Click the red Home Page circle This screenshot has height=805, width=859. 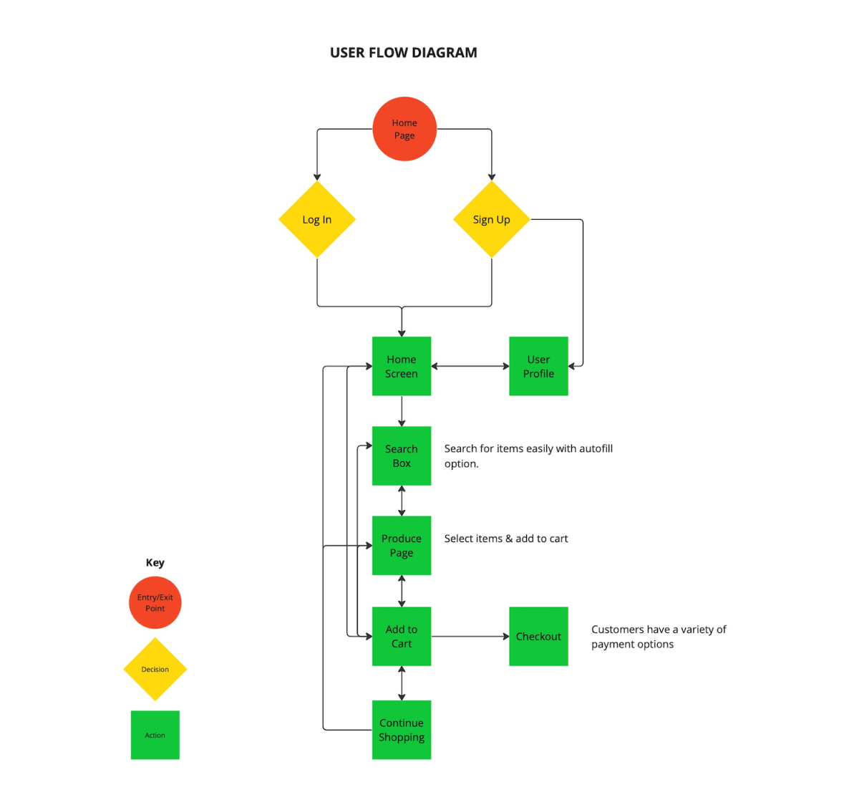[x=404, y=129]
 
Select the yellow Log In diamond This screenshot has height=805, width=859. [x=317, y=219]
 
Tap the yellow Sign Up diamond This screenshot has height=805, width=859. [x=492, y=219]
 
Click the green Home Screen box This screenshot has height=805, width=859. [x=402, y=366]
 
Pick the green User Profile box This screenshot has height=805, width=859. [x=538, y=366]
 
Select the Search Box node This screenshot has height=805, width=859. [x=402, y=455]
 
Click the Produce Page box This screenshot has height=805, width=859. [x=402, y=545]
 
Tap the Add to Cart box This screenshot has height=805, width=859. [x=402, y=636]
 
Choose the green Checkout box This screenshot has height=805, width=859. [x=538, y=636]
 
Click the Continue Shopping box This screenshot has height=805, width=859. [x=402, y=729]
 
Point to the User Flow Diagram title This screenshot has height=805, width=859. [x=404, y=52]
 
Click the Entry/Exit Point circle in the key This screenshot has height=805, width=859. [x=155, y=602]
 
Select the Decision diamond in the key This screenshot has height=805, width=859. [x=155, y=669]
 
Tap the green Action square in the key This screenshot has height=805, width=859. [x=155, y=735]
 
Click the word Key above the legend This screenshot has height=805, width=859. [x=155, y=562]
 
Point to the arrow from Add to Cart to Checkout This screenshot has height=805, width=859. [x=470, y=636]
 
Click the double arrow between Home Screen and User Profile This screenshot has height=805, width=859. [x=470, y=366]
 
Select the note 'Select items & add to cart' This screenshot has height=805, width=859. [x=506, y=539]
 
